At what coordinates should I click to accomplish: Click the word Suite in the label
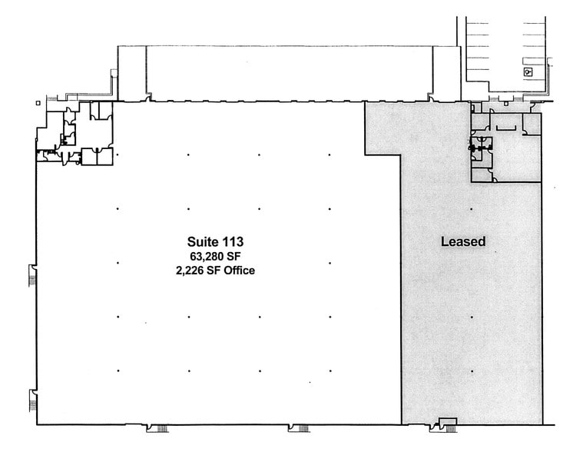pos(201,241)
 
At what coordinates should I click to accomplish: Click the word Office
pos(240,271)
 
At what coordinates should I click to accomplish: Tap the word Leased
pos(463,241)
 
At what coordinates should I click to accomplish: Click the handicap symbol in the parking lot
pos(528,72)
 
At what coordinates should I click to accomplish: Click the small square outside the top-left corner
pos(38,103)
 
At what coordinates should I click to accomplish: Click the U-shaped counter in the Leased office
pos(506,128)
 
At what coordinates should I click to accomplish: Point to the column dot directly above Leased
pos(472,209)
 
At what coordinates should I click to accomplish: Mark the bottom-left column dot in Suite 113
pos(118,371)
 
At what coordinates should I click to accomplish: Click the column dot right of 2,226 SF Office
pos(330,263)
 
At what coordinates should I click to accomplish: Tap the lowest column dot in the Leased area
pos(472,371)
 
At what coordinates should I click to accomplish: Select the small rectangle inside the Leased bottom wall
pos(448,421)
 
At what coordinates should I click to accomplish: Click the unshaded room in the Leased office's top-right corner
pos(532,124)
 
